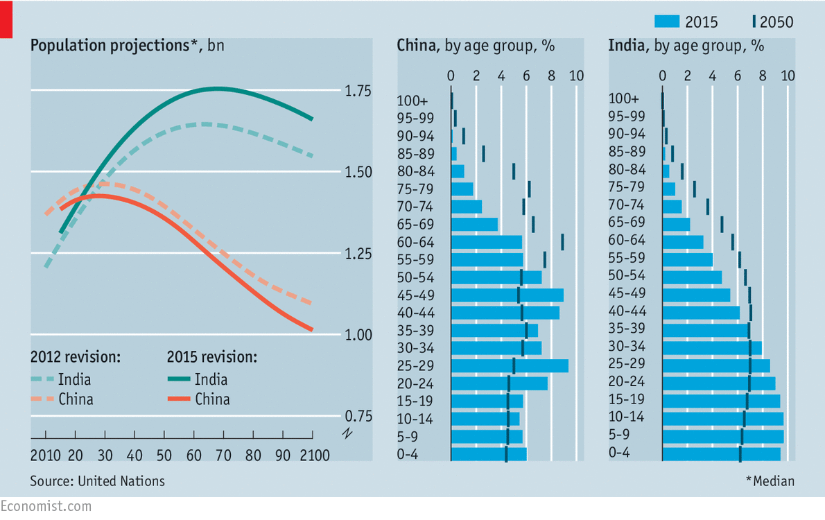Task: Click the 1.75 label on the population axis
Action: pos(358,92)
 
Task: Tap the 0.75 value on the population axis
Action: pos(358,416)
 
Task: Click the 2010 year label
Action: pos(44,456)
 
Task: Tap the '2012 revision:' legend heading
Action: pos(76,358)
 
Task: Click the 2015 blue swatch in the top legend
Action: pos(668,22)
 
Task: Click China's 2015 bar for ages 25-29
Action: pos(510,365)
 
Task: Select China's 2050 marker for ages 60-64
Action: pos(562,241)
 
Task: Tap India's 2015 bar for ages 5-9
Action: pos(722,436)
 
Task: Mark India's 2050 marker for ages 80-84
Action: pos(682,171)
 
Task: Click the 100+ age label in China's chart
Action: pos(412,100)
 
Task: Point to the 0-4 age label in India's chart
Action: pos(620,453)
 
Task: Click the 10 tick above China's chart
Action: pos(576,76)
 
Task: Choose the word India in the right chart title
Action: pos(625,46)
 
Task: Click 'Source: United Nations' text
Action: pos(97,480)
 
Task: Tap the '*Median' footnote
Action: pos(770,480)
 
